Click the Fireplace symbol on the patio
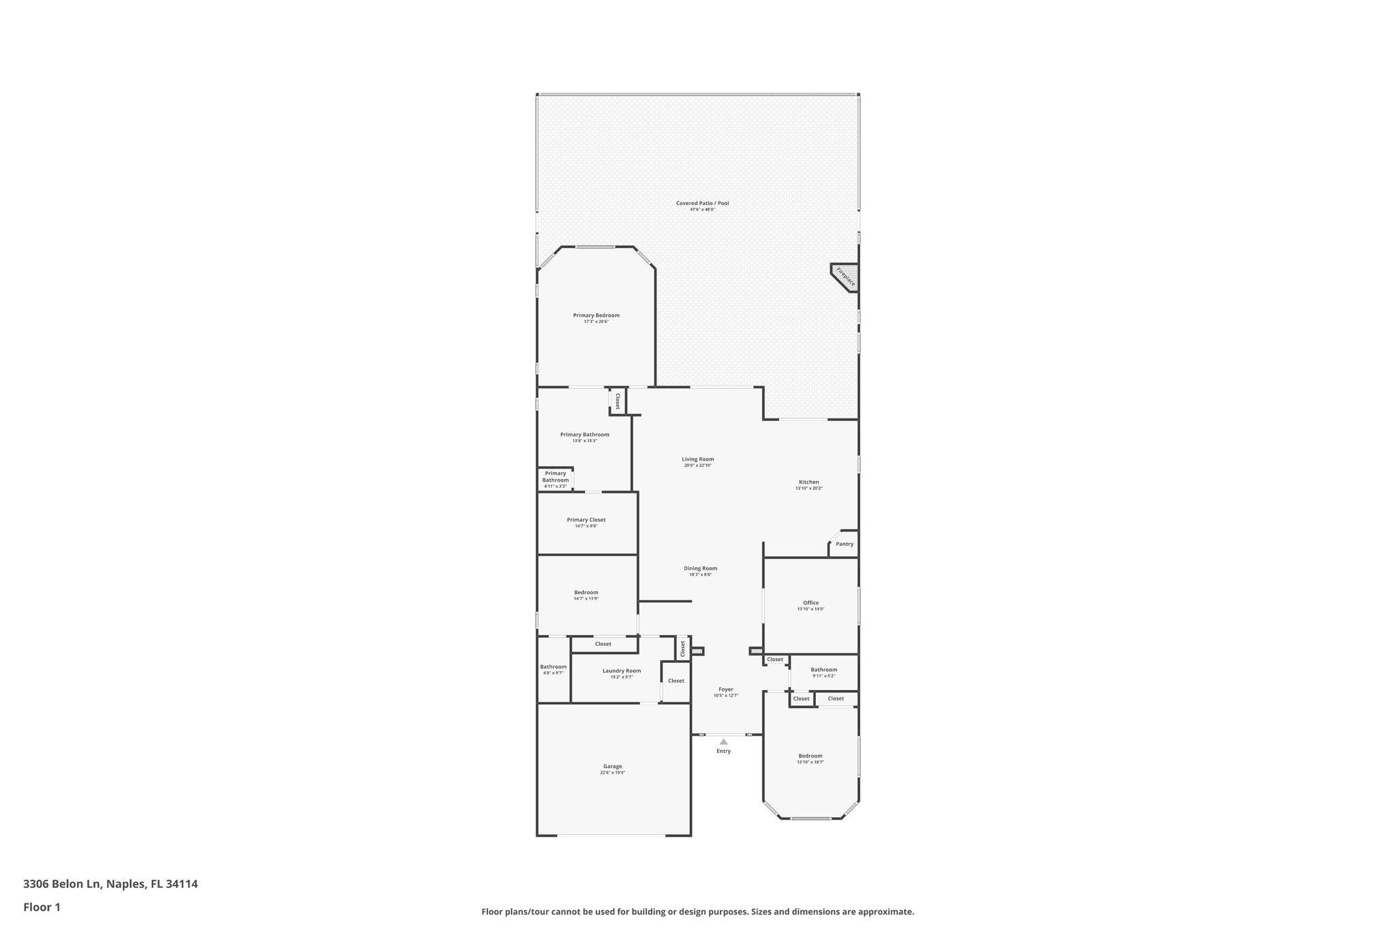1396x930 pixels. pos(846,277)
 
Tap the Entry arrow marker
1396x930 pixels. pos(723,742)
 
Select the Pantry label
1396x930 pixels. pos(845,544)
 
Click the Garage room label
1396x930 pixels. pos(612,766)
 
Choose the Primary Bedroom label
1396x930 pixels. pos(596,315)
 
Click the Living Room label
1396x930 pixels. pos(698,459)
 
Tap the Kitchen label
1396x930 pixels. pos(809,482)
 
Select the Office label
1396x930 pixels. pos(810,603)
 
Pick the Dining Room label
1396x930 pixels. pos(701,568)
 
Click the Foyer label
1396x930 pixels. pos(726,689)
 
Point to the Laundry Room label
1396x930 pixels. pos(622,671)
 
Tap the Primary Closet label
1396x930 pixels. pos(586,520)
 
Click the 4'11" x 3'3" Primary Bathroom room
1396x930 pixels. pos(556,480)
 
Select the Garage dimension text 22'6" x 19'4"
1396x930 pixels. pos(612,773)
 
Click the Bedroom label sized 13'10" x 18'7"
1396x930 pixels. pos(810,756)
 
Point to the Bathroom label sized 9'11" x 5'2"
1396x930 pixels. pos(824,670)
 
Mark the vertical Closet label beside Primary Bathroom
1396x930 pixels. pos(618,401)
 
